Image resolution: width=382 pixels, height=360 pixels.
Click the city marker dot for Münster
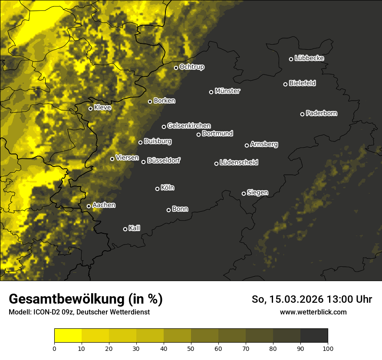tap(211, 92)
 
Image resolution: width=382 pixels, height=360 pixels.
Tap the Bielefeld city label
tap(302, 83)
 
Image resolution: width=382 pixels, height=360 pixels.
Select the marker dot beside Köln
tap(158, 189)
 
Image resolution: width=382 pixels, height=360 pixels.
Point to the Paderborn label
tap(321, 113)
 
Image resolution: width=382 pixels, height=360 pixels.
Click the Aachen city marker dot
tap(89, 206)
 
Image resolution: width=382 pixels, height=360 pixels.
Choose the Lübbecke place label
tap(309, 58)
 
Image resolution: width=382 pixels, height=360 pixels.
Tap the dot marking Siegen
tap(244, 193)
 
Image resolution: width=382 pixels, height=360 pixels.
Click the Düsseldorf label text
tap(164, 160)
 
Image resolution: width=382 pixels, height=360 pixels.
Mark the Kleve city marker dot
tap(91, 108)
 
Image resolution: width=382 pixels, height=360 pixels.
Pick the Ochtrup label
tap(191, 67)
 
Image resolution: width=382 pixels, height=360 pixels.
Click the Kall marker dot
tap(125, 229)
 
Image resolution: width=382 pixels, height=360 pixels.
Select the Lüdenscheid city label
tap(239, 163)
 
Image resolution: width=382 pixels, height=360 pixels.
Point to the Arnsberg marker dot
tap(247, 145)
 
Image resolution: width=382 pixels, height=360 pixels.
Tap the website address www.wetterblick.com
tap(313, 312)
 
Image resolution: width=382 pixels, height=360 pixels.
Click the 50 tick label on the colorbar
tap(191, 348)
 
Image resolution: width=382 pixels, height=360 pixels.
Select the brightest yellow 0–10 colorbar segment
tap(68, 336)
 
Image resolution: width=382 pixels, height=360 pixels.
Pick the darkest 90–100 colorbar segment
tap(314, 336)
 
